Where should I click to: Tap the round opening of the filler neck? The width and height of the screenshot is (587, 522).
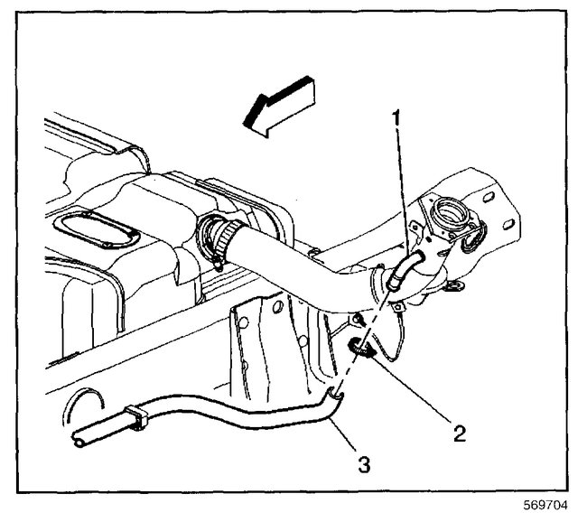coord(449,218)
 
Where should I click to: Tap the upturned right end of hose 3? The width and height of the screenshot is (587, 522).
coord(335,391)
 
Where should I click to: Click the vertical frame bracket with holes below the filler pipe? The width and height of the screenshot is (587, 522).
coord(256,343)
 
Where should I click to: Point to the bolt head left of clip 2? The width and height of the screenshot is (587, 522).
coord(359,319)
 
